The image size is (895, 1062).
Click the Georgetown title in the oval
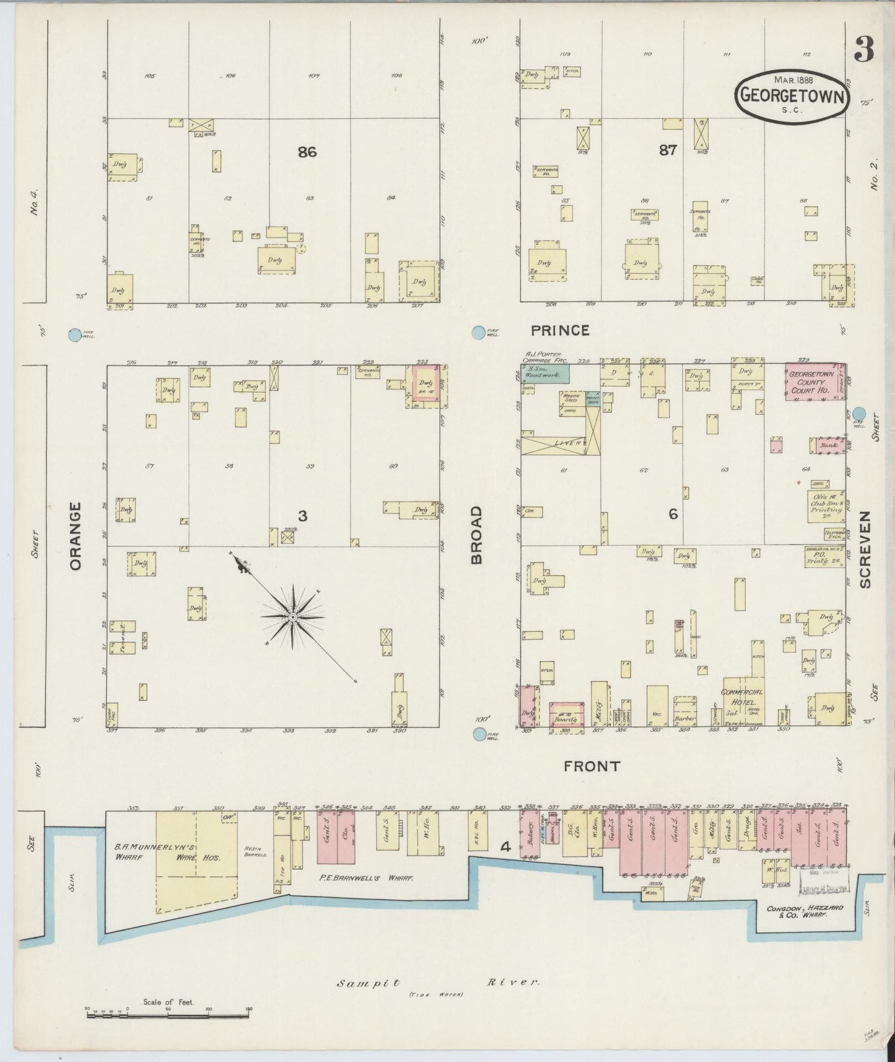pyautogui.click(x=792, y=97)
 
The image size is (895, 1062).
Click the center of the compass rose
pyautogui.click(x=292, y=618)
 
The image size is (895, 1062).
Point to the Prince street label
pyautogui.click(x=559, y=330)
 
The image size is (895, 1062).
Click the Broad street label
pyautogui.click(x=476, y=535)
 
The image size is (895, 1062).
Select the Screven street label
pyautogui.click(x=865, y=550)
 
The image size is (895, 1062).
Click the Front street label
pyautogui.click(x=592, y=766)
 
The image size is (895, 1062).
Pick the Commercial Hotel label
pyautogui.click(x=742, y=697)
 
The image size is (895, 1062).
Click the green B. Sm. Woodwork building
pyautogui.click(x=546, y=374)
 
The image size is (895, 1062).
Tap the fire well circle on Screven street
pyautogui.click(x=860, y=413)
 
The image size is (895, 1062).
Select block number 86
pyautogui.click(x=307, y=151)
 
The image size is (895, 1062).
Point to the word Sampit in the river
pyautogui.click(x=369, y=983)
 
